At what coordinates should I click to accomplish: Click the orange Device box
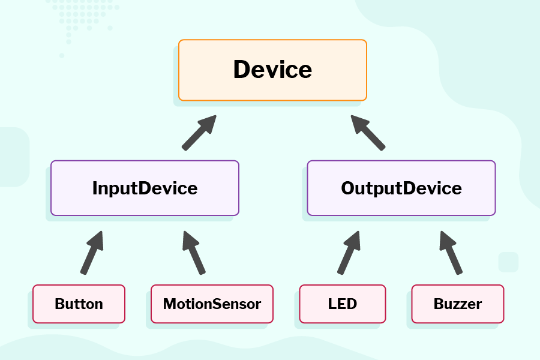(272, 70)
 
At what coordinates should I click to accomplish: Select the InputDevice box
(145, 188)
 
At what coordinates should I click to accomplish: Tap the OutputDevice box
(401, 188)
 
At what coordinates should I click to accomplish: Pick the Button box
(79, 304)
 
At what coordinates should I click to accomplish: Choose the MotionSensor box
(212, 304)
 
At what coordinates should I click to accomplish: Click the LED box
(343, 304)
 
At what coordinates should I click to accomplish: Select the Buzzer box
(458, 304)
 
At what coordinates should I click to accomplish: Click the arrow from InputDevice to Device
(199, 133)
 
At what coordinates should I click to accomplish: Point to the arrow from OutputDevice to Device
(368, 133)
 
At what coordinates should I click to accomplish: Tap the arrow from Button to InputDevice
(92, 253)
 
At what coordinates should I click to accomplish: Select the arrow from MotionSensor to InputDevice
(194, 253)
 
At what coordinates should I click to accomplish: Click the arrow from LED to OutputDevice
(349, 253)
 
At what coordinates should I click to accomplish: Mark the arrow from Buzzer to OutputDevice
(451, 253)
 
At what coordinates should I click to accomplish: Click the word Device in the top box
(272, 70)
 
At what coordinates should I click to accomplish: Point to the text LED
(343, 304)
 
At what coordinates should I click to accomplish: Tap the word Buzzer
(458, 304)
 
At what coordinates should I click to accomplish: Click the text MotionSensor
(212, 304)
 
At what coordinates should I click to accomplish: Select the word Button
(79, 304)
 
